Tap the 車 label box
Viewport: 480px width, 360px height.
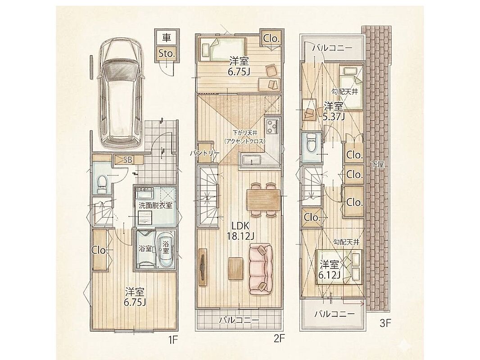(x=167, y=38)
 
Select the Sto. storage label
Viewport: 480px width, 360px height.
(x=167, y=54)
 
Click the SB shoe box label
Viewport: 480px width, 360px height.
(x=128, y=159)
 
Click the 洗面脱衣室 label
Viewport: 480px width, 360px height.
(x=155, y=205)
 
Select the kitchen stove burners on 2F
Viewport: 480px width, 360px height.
(x=272, y=126)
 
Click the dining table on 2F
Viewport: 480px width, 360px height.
(x=263, y=200)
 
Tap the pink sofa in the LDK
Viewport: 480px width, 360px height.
(x=261, y=269)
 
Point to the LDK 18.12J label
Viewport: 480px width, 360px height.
(x=241, y=230)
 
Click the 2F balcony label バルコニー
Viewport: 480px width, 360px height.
(x=239, y=320)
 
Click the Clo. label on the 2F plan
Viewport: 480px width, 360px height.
(x=271, y=39)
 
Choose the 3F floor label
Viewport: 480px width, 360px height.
(x=385, y=323)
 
